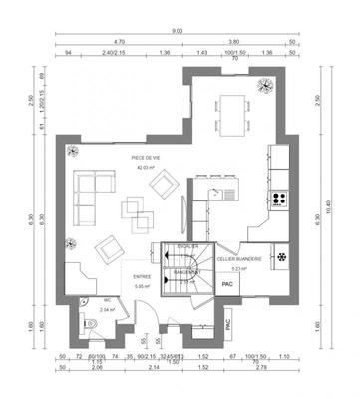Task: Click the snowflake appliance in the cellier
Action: click(x=281, y=256)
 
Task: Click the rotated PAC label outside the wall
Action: click(x=227, y=324)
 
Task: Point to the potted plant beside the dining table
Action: click(x=264, y=85)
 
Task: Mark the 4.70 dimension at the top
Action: click(x=119, y=42)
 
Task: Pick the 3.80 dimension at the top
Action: click(x=234, y=42)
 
